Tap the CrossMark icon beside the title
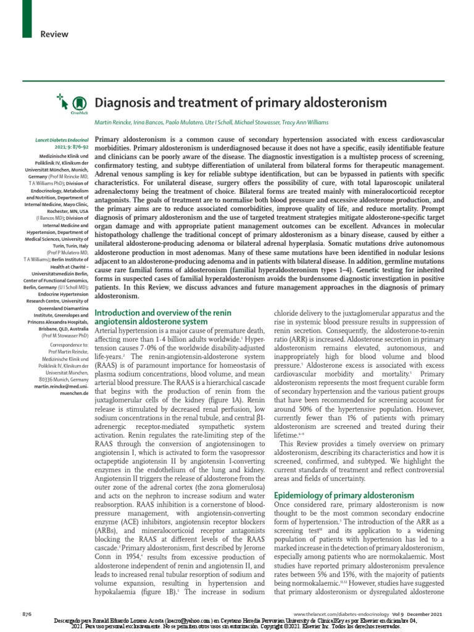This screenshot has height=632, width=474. coord(78,103)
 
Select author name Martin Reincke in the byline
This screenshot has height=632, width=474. coord(114,123)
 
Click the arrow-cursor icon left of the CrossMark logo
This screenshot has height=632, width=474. coord(60,98)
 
